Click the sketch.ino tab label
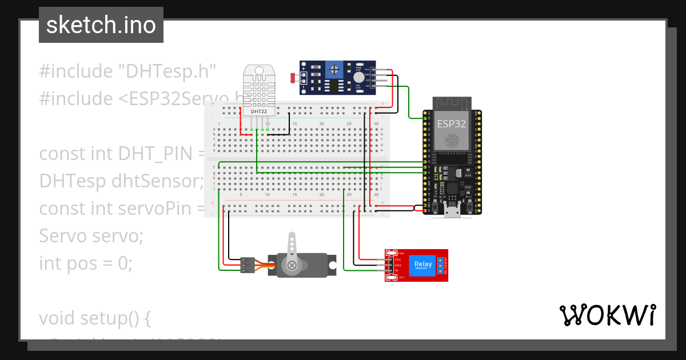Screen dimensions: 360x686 [101, 25]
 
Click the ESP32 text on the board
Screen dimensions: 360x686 [452, 123]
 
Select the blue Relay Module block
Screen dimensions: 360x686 [423, 265]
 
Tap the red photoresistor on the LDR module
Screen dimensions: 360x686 [293, 77]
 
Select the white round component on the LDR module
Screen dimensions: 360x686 [358, 77]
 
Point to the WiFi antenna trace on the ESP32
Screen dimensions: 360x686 [452, 103]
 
